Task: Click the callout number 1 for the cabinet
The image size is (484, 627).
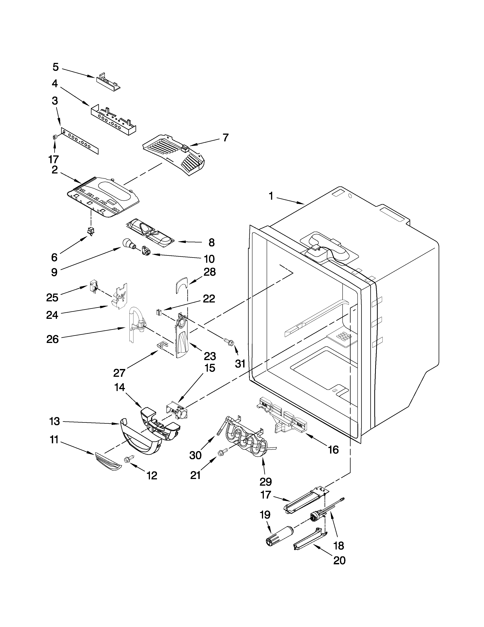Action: click(270, 196)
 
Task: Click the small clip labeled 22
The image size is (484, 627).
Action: click(158, 312)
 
